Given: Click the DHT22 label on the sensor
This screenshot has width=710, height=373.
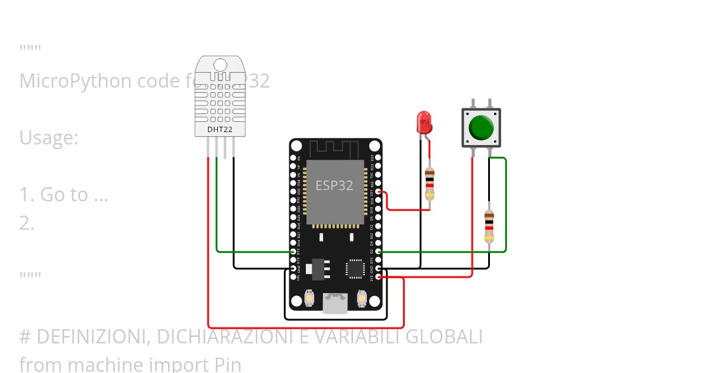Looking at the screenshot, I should [x=220, y=129].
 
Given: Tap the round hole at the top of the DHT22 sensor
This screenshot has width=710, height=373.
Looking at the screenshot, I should [x=220, y=65].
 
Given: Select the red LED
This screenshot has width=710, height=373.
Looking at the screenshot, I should [x=424, y=123].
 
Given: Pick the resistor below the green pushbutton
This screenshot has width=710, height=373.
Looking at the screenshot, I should [x=489, y=226].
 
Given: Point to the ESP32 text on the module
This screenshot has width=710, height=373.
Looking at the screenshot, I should [x=334, y=185].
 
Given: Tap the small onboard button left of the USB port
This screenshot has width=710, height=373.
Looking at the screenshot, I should [x=309, y=299].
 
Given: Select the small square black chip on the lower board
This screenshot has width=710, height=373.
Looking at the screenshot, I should [x=355, y=268].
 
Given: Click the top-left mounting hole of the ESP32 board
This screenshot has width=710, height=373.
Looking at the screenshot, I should [x=297, y=146].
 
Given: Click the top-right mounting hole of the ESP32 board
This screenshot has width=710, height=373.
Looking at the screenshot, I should [x=374, y=146].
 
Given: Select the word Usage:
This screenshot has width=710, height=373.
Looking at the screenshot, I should [x=49, y=137].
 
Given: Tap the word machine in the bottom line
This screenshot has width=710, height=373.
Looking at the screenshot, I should [x=97, y=364].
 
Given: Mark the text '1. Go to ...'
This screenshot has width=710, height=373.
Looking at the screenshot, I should [x=64, y=194].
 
